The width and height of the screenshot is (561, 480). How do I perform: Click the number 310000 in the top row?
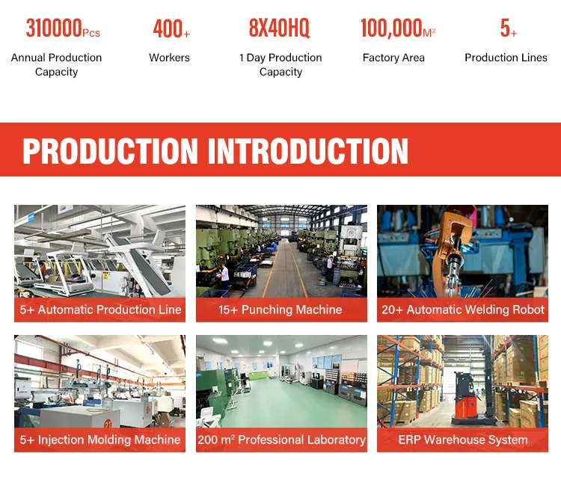tap(54, 29)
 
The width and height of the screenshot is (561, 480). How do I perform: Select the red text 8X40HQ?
tap(279, 29)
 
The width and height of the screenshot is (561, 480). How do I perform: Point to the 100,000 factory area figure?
tap(392, 29)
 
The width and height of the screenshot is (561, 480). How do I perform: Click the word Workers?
tap(169, 58)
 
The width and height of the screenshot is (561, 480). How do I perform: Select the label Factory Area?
tap(393, 58)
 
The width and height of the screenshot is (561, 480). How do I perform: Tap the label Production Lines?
tap(506, 58)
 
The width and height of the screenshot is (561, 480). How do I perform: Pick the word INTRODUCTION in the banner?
tap(307, 151)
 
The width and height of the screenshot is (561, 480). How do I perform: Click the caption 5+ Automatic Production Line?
tap(100, 310)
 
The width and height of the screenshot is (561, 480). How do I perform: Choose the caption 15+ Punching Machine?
tap(280, 310)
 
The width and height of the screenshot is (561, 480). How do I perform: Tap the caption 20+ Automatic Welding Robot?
tap(463, 310)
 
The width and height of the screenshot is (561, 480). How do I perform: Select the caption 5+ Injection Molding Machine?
tap(100, 440)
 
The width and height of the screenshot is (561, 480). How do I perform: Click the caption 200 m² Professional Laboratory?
tap(281, 440)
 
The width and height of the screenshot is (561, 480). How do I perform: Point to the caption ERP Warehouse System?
tap(463, 440)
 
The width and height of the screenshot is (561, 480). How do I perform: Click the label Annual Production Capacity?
tap(56, 65)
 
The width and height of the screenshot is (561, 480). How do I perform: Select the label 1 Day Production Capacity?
tap(280, 65)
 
